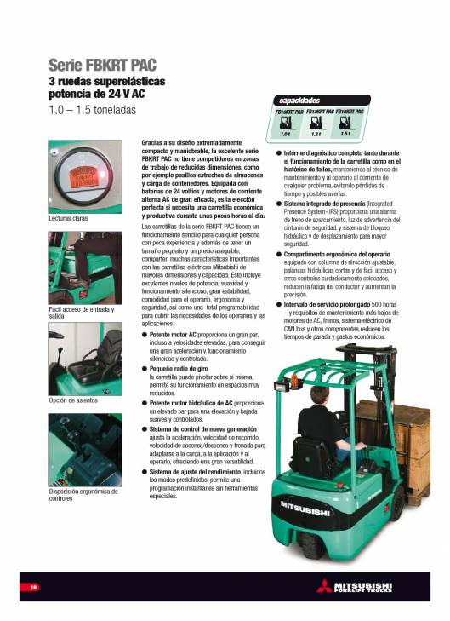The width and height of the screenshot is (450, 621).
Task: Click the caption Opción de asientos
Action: coord(73,400)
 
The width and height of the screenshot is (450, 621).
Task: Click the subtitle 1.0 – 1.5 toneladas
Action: coord(92,110)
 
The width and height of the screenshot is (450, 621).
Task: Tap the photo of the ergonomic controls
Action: coord(85,451)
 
